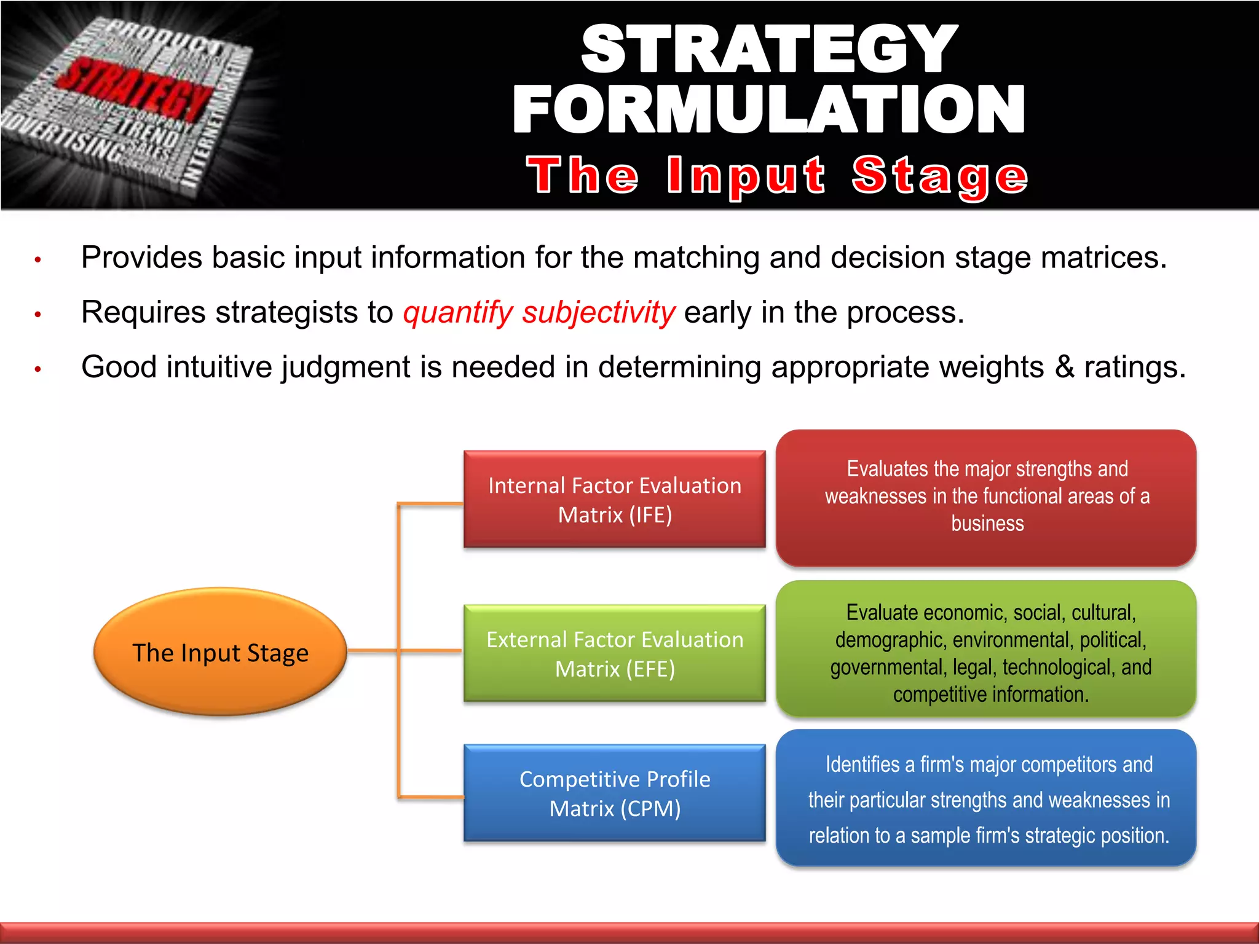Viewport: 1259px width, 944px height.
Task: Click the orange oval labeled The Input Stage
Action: click(x=220, y=651)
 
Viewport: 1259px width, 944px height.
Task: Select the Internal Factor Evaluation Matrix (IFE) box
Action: click(x=614, y=499)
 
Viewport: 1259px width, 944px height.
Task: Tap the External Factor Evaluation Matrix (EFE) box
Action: click(x=614, y=653)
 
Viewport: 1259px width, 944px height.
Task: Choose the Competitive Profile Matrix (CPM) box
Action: click(x=614, y=793)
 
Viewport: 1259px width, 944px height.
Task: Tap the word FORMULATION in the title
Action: click(x=768, y=109)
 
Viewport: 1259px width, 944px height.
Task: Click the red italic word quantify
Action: click(x=457, y=312)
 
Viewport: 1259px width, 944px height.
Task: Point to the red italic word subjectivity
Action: click(x=599, y=312)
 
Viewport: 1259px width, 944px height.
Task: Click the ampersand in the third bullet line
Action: click(x=1064, y=367)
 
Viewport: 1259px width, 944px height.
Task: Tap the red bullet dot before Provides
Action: click(x=37, y=260)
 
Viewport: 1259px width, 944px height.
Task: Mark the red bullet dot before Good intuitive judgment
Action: click(x=37, y=369)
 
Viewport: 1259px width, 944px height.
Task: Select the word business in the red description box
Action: click(x=987, y=524)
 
